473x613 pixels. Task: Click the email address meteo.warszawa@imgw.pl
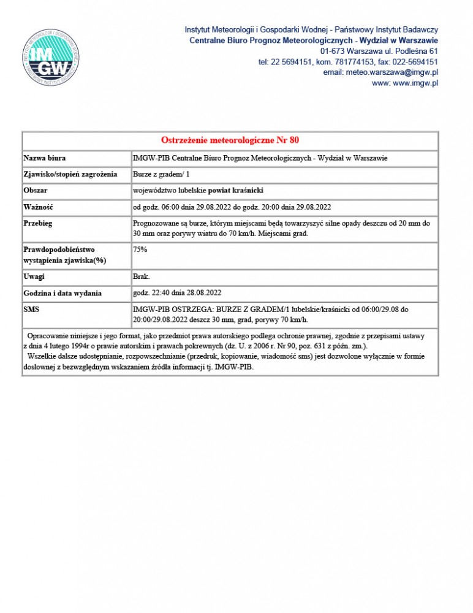[x=380, y=72]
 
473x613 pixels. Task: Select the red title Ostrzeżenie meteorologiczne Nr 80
[x=230, y=140]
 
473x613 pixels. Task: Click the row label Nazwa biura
[x=44, y=158]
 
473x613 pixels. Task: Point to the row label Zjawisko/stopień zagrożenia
[x=70, y=175]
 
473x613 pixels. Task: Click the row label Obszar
[x=36, y=191]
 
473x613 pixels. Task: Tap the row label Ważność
[x=38, y=207]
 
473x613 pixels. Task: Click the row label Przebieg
[x=38, y=223]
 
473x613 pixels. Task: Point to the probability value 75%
[x=140, y=249]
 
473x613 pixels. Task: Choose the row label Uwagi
[x=34, y=277]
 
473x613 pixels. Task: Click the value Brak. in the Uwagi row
[x=141, y=277]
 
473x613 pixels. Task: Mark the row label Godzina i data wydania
[x=62, y=294]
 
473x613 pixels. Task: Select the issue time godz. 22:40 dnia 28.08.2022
[x=176, y=292]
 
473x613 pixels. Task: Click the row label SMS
[x=31, y=310]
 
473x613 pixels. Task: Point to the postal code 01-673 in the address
[x=332, y=51]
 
